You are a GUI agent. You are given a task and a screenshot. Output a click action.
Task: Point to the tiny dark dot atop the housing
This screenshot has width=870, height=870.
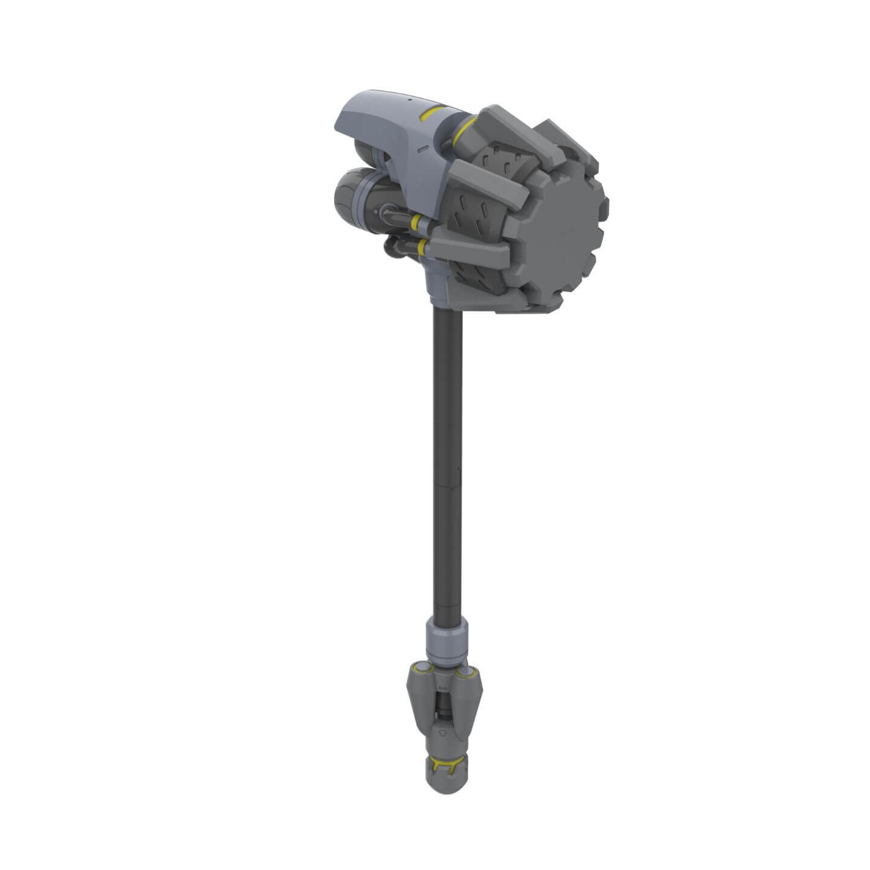[409, 98]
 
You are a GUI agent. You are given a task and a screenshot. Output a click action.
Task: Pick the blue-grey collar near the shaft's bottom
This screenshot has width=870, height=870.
[448, 637]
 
